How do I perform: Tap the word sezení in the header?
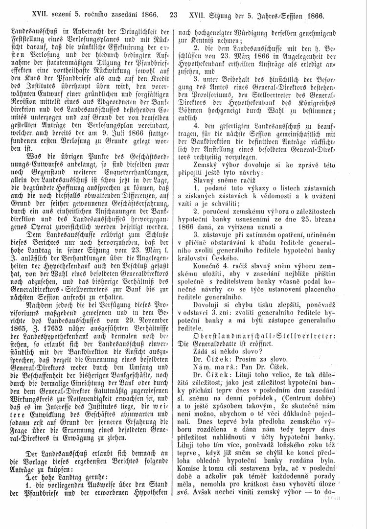click(x=55, y=15)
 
